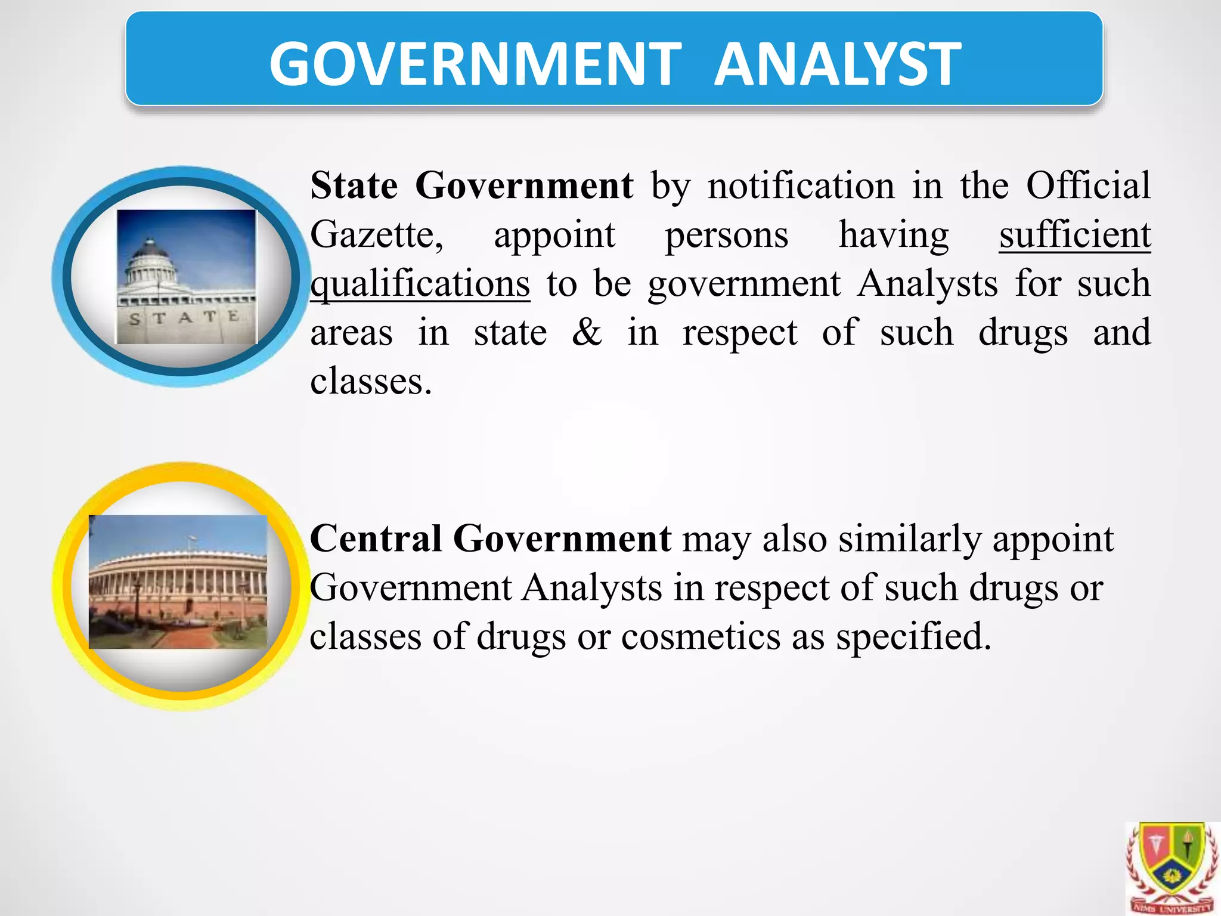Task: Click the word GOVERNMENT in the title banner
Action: point(475,64)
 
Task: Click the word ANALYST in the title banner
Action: point(837,64)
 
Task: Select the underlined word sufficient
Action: point(1074,234)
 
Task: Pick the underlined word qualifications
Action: point(420,283)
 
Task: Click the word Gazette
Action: point(376,234)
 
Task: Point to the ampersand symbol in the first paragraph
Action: point(587,332)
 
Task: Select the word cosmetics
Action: point(701,636)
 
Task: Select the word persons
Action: point(726,234)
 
